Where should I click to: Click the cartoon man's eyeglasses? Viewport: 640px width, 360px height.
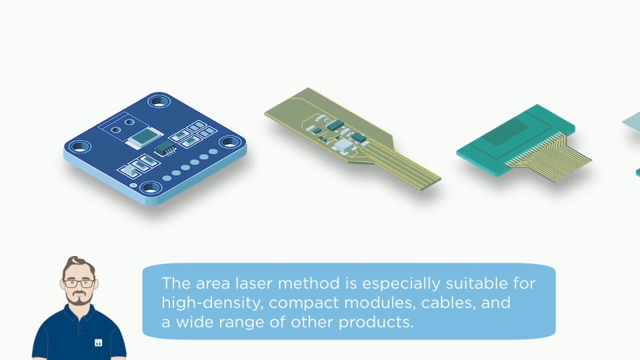click(79, 283)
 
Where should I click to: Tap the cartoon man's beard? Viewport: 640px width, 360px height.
click(79, 299)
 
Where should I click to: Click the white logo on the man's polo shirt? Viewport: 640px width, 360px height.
click(99, 343)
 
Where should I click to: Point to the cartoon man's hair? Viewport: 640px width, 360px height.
click(79, 265)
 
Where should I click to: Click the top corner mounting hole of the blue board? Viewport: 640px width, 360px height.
click(159, 101)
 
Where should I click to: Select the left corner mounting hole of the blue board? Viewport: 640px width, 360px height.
click(79, 146)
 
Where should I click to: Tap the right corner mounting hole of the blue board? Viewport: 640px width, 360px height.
click(230, 142)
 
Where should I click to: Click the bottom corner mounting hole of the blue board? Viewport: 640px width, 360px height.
click(151, 188)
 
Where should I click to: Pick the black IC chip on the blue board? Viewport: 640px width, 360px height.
click(165, 148)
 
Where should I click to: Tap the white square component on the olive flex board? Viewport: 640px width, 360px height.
click(344, 144)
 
